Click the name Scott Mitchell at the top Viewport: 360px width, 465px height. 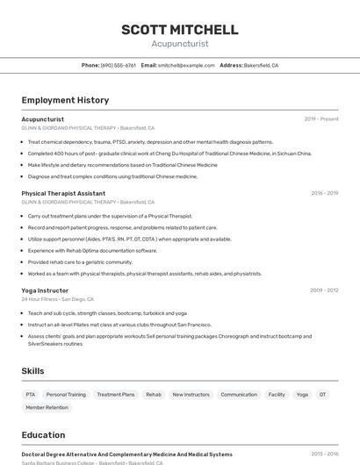tap(180, 30)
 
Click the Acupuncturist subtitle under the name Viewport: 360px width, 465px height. tap(180, 42)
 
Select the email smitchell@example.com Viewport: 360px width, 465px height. tap(186, 65)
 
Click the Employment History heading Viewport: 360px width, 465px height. tap(65, 100)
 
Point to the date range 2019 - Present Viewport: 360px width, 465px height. tap(321, 119)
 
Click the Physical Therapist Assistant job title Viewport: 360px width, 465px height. tap(63, 193)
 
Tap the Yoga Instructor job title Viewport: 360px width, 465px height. tap(45, 290)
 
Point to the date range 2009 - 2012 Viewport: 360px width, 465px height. tap(324, 290)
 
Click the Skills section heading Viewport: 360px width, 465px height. tap(32, 371)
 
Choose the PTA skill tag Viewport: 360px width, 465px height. tap(31, 395)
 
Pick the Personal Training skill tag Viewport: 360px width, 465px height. tap(66, 395)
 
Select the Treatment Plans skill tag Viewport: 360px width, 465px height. tap(116, 395)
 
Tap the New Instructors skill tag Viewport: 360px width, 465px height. tap(191, 395)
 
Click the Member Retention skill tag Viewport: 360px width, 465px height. tap(47, 408)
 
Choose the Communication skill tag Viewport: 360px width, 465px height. tap(239, 395)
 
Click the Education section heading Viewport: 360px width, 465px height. tap(43, 435)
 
